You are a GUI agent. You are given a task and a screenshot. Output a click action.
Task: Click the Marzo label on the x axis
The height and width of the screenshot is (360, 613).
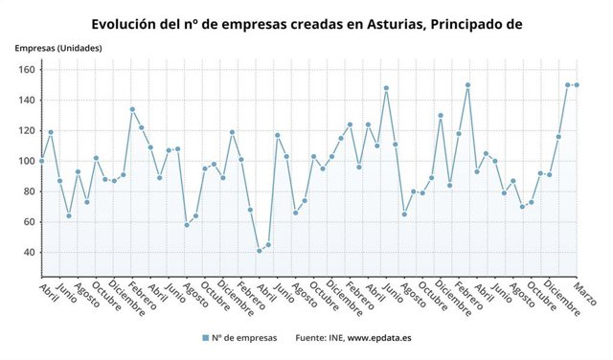coord(585,293)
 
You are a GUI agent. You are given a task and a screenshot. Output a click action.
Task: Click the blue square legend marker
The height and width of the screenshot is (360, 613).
coord(205,338)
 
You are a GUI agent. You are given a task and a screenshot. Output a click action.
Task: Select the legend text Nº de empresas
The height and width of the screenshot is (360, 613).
coord(245,338)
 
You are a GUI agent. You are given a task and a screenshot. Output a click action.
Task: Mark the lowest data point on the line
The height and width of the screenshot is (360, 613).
coord(259,251)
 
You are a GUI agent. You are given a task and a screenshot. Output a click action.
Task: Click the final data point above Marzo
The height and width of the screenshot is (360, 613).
coord(577,84)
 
